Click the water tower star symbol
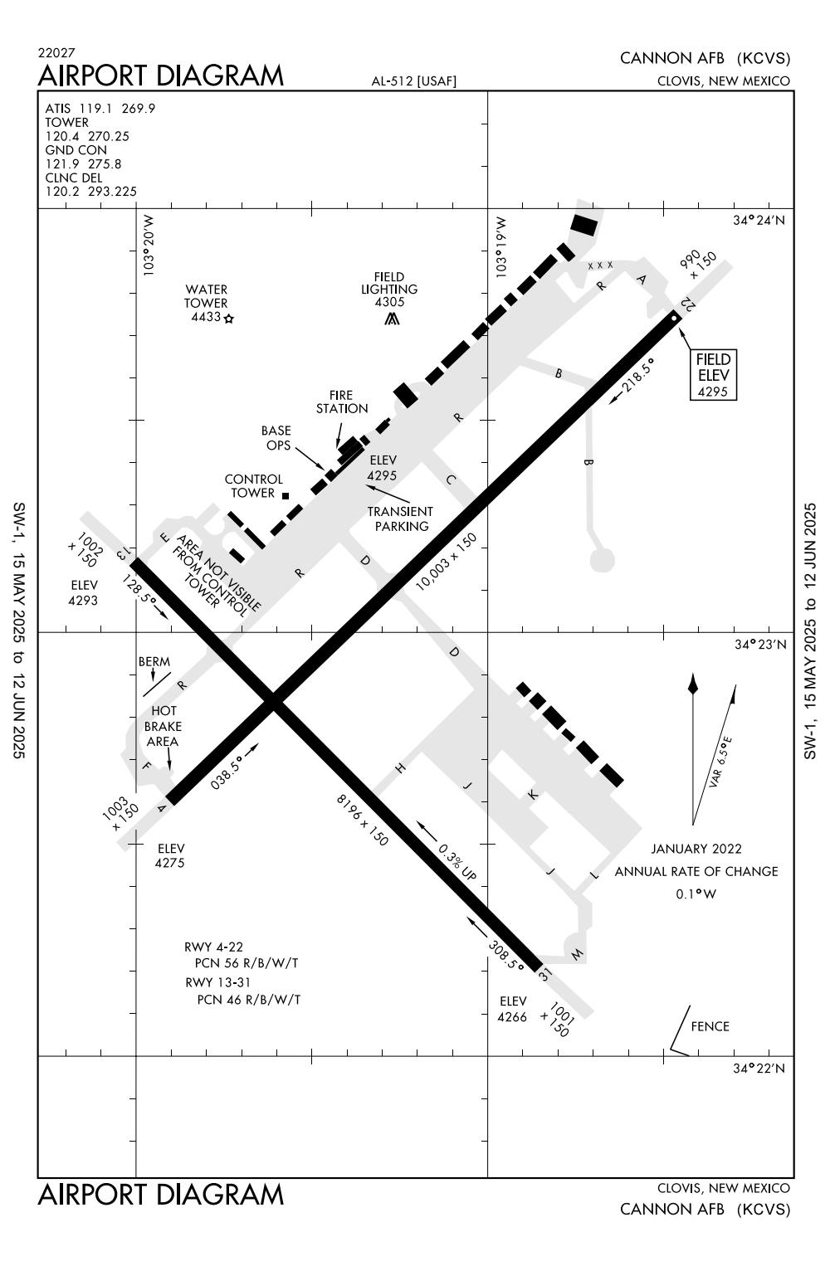point(228,318)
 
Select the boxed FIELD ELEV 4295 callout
point(713,374)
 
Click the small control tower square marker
point(286,495)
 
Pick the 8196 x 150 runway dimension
point(362,820)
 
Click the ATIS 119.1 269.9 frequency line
point(100,109)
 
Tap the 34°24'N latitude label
point(759,221)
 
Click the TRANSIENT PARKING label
point(401,519)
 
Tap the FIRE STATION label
point(342,402)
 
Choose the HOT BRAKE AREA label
point(163,726)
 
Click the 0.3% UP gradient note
point(456,864)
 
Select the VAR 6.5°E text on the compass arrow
point(720,761)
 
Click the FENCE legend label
point(710,1026)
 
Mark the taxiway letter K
point(534,795)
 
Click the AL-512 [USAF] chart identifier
point(414,81)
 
